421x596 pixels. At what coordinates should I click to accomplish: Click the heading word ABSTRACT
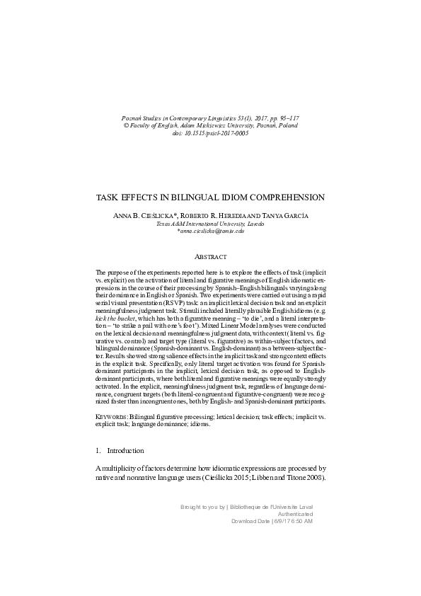pos(210,256)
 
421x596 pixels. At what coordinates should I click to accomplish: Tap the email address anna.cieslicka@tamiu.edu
pos(210,231)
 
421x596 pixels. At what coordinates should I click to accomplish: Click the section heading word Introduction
pos(125,451)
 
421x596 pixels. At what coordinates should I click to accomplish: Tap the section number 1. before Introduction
pos(98,451)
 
